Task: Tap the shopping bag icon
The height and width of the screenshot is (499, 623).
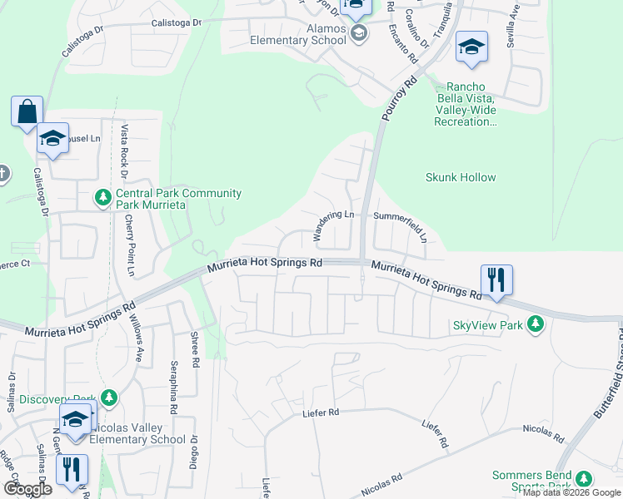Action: (x=27, y=111)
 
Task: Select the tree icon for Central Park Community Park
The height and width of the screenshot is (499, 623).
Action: (x=102, y=198)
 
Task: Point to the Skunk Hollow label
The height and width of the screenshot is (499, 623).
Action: (x=461, y=177)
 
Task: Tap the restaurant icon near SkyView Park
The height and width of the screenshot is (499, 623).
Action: (x=496, y=281)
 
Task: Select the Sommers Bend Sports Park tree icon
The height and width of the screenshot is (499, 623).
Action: (x=584, y=478)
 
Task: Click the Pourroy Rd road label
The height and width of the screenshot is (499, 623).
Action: (x=399, y=101)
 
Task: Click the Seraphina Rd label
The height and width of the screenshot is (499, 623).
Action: (x=174, y=388)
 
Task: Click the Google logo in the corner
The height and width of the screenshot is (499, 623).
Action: (x=27, y=489)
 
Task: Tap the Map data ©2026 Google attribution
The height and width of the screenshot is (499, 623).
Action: (x=571, y=492)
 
